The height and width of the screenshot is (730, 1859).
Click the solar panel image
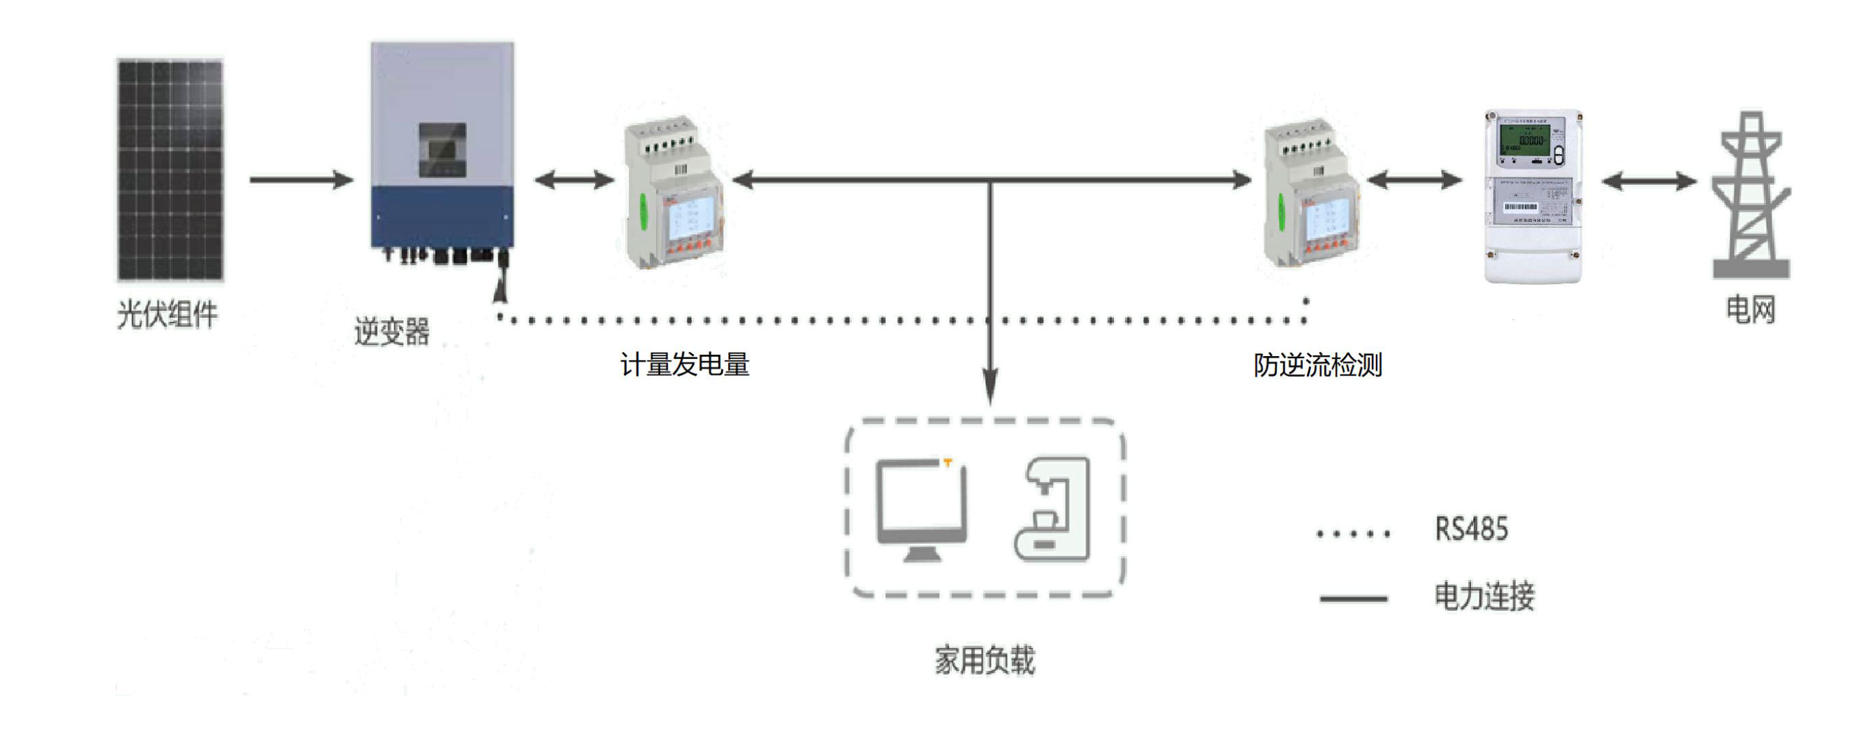tap(170, 170)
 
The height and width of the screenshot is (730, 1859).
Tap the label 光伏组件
tap(168, 315)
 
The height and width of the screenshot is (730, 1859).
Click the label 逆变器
tap(392, 332)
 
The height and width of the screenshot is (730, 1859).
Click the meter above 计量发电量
tap(673, 194)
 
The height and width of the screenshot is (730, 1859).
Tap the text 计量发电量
tap(685, 364)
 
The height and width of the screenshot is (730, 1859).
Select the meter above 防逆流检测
tap(1312, 194)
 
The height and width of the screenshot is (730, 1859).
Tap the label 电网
tap(1750, 310)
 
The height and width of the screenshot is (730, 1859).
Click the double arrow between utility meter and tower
tap(1649, 181)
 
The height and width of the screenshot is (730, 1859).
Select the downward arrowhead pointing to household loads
tap(991, 386)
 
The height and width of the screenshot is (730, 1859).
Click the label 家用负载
tap(985, 660)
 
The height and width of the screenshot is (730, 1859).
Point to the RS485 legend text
tap(1471, 529)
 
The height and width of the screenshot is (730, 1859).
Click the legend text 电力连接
tap(1484, 596)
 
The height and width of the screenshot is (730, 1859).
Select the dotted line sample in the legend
tap(1353, 534)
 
